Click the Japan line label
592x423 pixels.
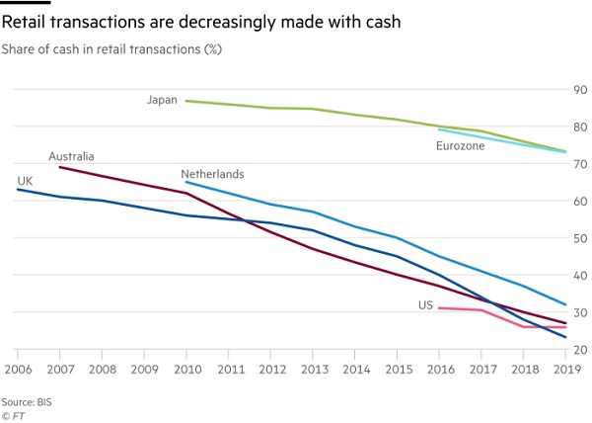162,100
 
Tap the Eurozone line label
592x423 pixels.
461,146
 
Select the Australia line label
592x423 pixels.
72,156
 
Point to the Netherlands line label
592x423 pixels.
212,174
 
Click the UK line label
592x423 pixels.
25,180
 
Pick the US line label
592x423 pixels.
426,306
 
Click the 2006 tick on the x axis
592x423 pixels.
17,370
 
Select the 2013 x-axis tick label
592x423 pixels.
312,370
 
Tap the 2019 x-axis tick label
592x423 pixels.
565,370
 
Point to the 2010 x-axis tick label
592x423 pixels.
185,370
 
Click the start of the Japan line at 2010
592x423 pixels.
185,101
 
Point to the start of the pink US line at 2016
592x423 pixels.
438,308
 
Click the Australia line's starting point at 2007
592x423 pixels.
59,167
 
